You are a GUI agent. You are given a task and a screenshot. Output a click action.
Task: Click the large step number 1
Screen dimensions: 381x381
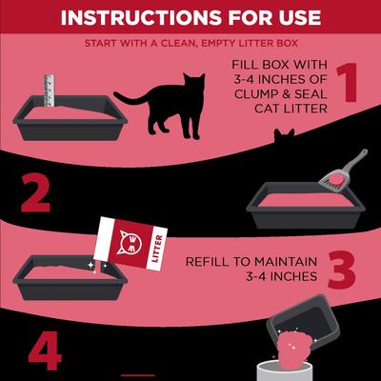(x=346, y=83)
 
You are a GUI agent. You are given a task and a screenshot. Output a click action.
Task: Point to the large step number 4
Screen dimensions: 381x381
(x=44, y=352)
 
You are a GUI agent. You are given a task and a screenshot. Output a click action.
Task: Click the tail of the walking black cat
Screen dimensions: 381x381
(x=130, y=96)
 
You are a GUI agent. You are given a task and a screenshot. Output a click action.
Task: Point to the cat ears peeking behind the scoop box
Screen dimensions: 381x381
(x=283, y=139)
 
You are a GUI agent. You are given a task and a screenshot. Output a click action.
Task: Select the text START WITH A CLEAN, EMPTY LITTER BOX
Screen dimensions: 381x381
(x=190, y=44)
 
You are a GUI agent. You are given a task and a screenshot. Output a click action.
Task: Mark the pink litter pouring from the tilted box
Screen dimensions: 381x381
(x=295, y=344)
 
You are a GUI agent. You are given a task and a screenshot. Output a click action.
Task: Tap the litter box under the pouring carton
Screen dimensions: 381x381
(x=62, y=281)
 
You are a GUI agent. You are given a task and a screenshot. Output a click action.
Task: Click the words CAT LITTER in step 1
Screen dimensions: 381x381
(x=274, y=110)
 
